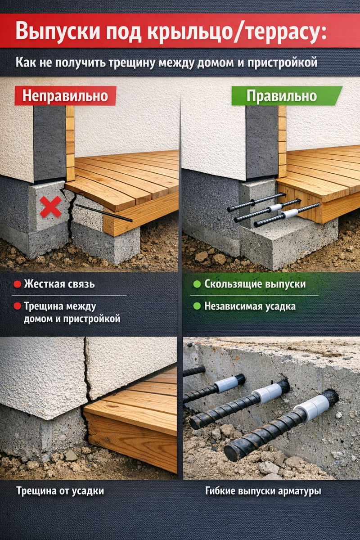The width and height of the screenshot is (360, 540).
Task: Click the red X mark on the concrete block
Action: pyautogui.click(x=51, y=207)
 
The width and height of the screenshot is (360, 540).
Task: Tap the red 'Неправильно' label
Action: pyautogui.click(x=65, y=96)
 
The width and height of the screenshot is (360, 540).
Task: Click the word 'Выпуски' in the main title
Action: pyautogui.click(x=58, y=31)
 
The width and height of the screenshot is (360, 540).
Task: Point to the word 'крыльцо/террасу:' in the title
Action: pyautogui.click(x=237, y=31)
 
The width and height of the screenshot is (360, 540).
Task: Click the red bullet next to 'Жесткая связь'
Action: pyautogui.click(x=18, y=284)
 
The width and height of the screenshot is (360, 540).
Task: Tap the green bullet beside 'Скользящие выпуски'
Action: pyautogui.click(x=197, y=284)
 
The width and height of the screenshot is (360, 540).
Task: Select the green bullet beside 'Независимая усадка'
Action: pyautogui.click(x=197, y=306)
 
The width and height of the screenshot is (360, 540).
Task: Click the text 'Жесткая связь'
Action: pyautogui.click(x=59, y=284)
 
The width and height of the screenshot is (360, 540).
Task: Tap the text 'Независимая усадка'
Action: pyautogui.click(x=250, y=306)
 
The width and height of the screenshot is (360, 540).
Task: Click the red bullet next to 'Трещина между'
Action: pyautogui.click(x=18, y=306)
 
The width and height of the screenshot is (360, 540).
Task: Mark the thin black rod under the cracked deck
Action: pyautogui.click(x=104, y=213)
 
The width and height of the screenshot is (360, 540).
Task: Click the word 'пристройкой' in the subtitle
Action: pyautogui.click(x=282, y=63)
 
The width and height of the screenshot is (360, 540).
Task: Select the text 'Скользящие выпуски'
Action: pyautogui.click(x=255, y=284)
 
